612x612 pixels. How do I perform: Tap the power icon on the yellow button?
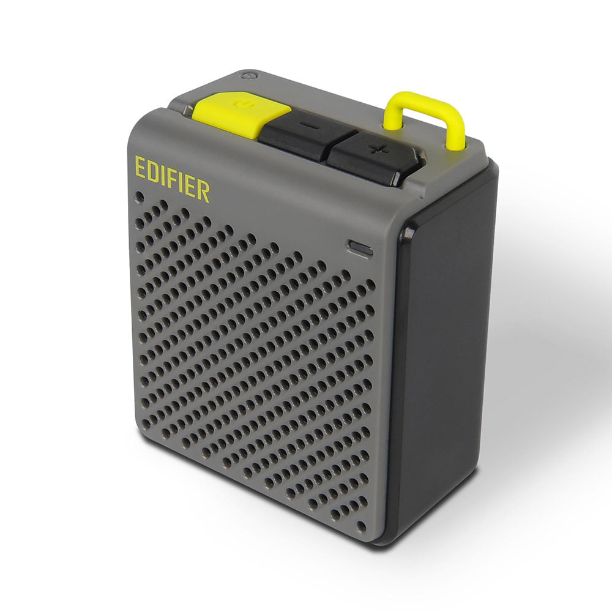[242, 104]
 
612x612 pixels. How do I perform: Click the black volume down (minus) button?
[304, 133]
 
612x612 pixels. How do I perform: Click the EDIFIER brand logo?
[172, 179]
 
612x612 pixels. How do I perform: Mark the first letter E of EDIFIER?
[140, 167]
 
